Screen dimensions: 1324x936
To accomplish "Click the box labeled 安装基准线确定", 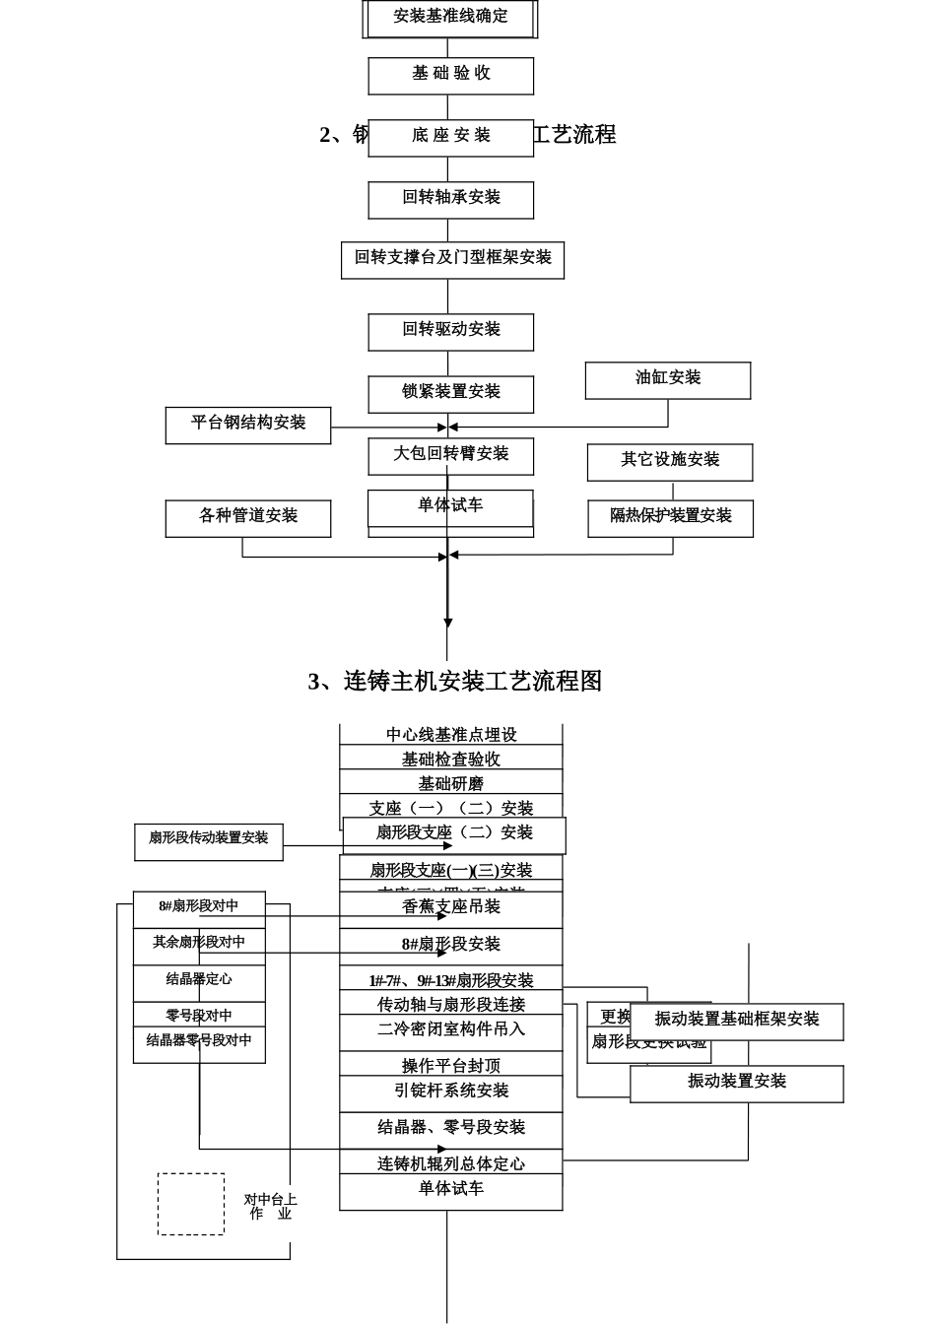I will (450, 18).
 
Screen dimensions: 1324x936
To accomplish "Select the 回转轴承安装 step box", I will (450, 198).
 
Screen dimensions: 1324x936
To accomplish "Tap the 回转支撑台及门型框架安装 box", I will (452, 259).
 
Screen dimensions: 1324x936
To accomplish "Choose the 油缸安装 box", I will (667, 379).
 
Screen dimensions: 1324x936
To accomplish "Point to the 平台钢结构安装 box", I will (247, 425).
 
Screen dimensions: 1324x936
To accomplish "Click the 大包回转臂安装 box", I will (450, 454).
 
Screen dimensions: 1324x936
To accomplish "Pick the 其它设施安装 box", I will (670, 461).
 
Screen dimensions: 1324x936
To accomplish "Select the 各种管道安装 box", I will (247, 517).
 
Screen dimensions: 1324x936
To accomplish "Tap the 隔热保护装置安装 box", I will (670, 517).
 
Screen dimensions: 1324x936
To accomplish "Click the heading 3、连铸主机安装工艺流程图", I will (454, 682).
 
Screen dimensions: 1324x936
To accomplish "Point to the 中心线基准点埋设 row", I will (450, 735).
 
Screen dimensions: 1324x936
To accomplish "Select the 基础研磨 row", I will (450, 784).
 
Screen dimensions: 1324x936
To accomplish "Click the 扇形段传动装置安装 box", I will (208, 839).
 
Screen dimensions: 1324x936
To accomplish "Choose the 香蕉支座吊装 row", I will (450, 907).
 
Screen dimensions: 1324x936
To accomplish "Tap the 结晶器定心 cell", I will (199, 980).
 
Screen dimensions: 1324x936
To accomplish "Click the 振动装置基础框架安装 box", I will (737, 1021).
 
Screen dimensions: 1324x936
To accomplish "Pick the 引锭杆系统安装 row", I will (450, 1092).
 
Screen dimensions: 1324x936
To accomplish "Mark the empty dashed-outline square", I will (190, 1204).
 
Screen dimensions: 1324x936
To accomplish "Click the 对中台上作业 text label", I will (270, 1208).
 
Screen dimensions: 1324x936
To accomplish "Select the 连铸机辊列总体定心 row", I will (450, 1164).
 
